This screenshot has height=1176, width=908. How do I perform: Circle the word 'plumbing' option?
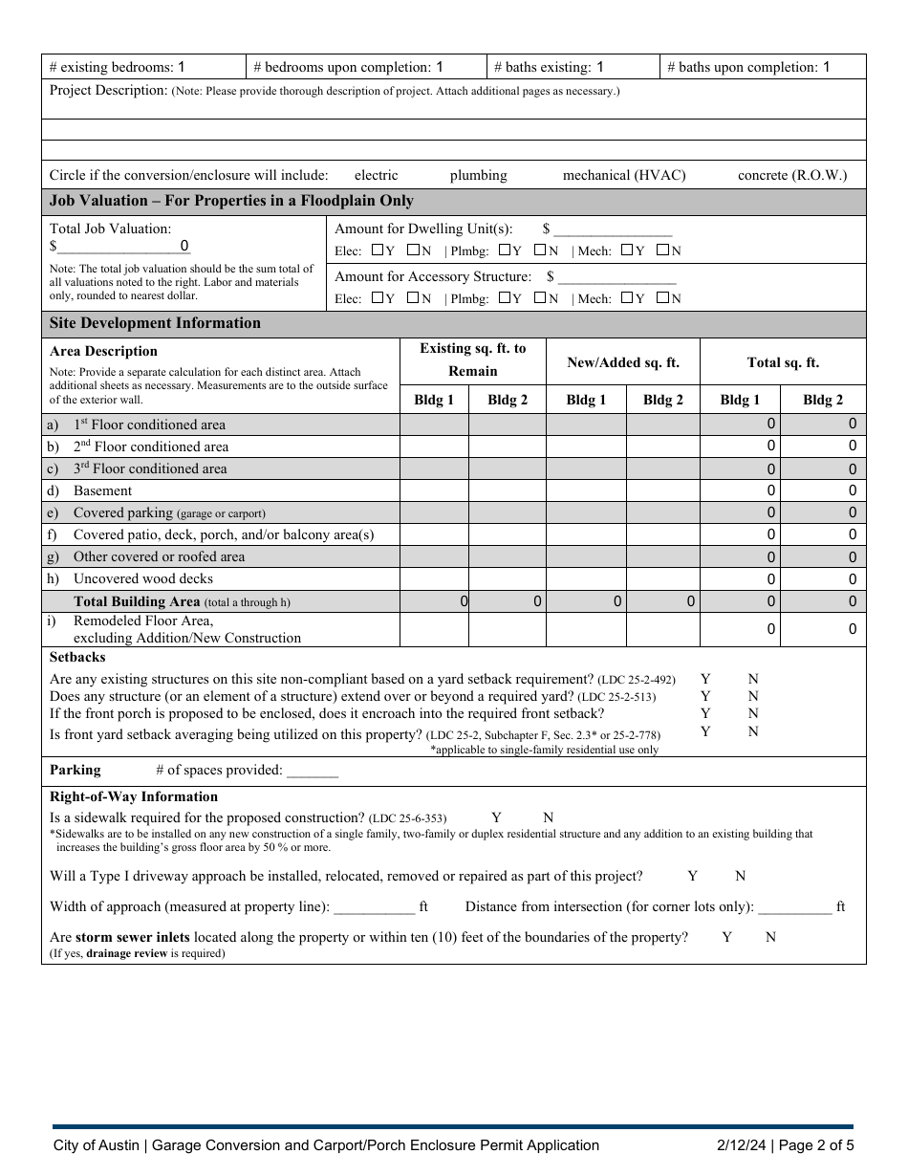click(x=478, y=176)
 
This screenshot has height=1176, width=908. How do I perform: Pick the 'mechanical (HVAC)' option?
click(x=624, y=176)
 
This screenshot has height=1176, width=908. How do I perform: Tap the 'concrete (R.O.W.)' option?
click(x=792, y=176)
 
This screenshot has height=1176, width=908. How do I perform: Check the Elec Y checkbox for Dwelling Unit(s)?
click(x=378, y=250)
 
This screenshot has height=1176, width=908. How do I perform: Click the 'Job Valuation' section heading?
click(x=231, y=201)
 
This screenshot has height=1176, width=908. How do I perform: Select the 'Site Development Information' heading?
click(x=155, y=323)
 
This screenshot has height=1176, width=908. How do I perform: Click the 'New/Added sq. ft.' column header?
click(x=623, y=362)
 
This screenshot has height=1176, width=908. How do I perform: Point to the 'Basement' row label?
click(x=102, y=490)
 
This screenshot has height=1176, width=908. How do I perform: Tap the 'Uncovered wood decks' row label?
click(x=143, y=578)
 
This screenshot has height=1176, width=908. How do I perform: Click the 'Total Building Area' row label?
click(x=137, y=601)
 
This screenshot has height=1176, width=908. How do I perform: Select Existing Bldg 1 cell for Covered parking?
click(x=434, y=512)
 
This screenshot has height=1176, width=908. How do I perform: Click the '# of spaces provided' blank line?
click(x=313, y=771)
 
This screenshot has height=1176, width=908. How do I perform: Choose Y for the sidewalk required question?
click(x=496, y=817)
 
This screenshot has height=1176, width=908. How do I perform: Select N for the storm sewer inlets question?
click(x=770, y=937)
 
